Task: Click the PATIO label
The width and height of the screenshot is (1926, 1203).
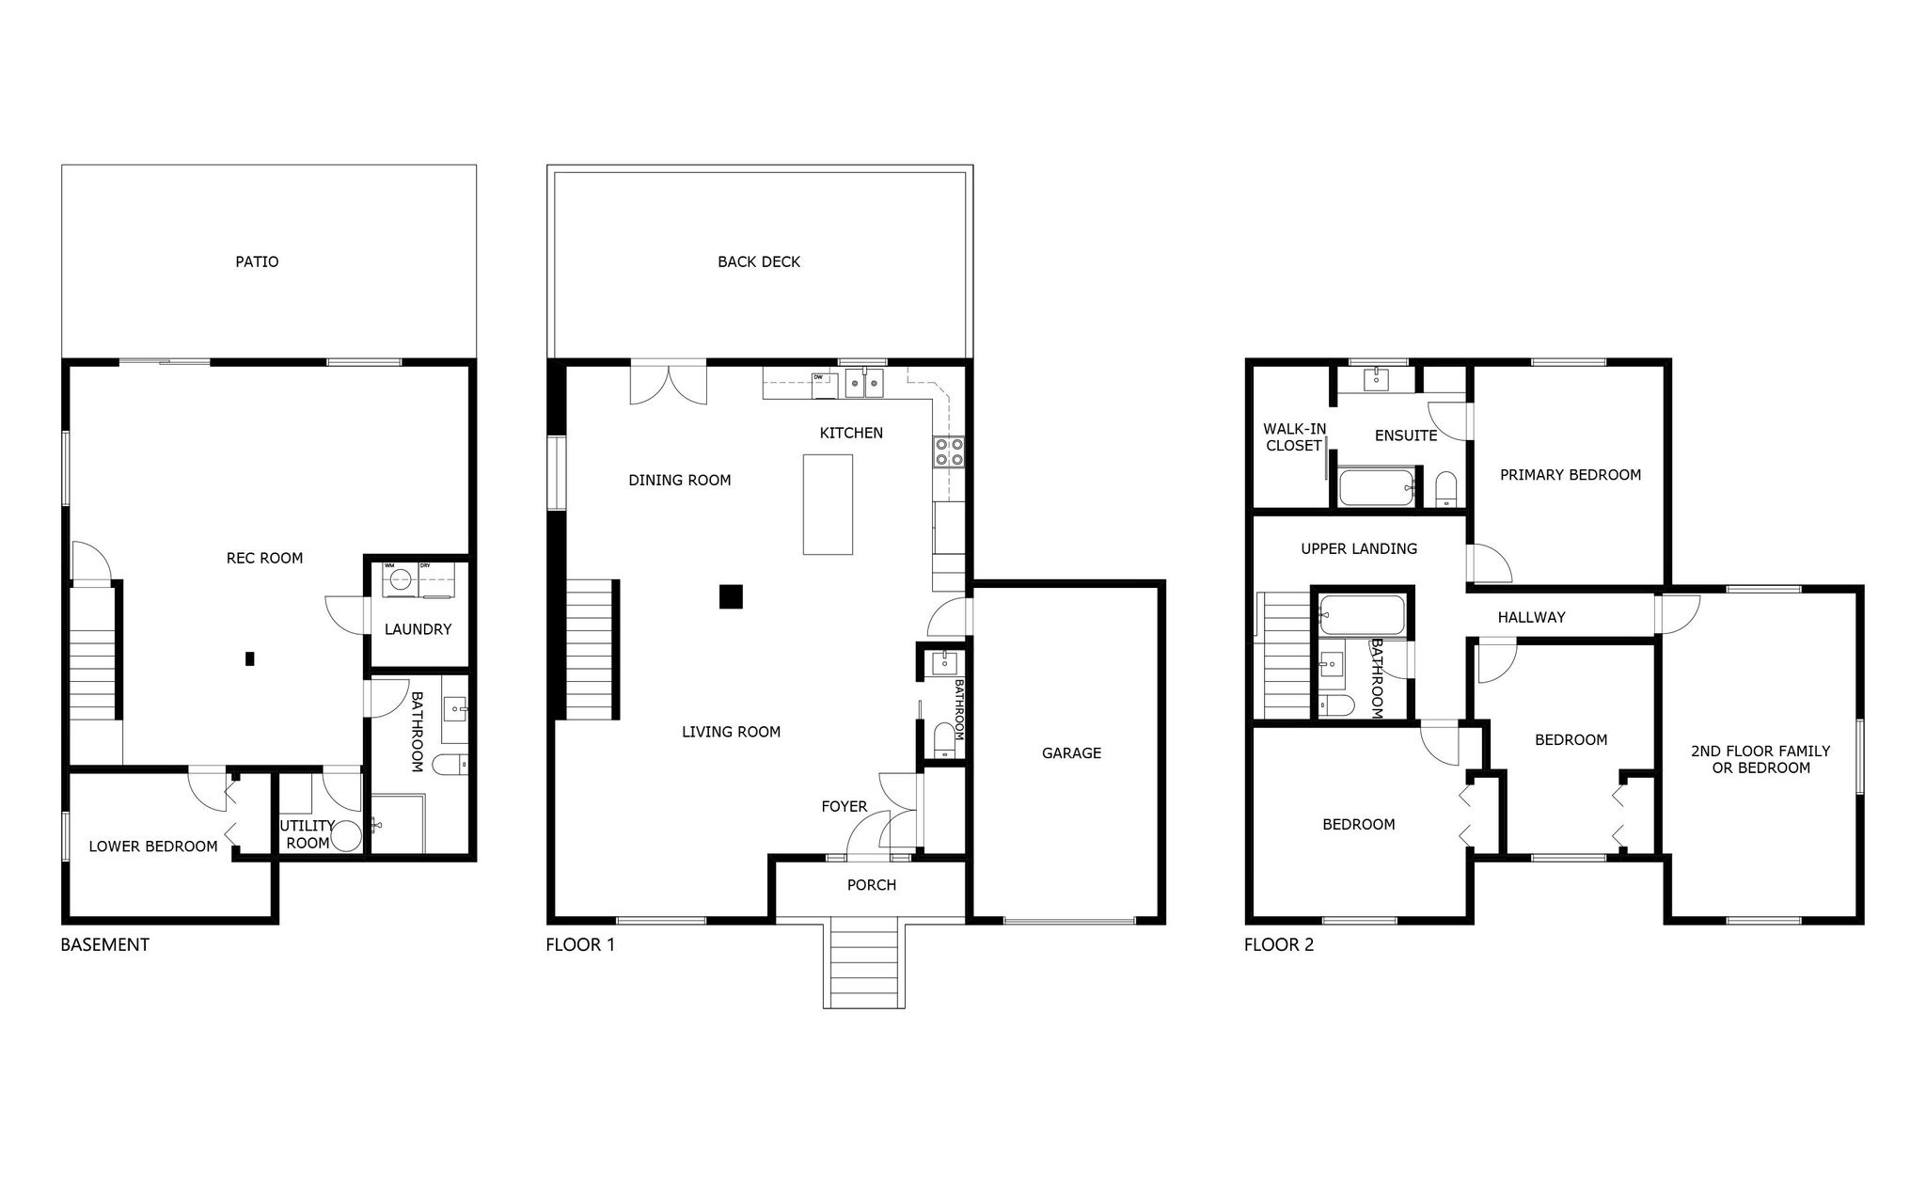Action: [x=257, y=261]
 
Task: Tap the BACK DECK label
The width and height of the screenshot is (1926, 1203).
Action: [x=759, y=261]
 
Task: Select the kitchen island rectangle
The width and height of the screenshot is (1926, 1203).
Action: [x=828, y=504]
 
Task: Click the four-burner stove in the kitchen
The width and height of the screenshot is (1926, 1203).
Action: [x=948, y=452]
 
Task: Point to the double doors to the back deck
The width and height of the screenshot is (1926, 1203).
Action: [x=668, y=384]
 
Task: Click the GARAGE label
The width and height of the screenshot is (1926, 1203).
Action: [x=1071, y=752]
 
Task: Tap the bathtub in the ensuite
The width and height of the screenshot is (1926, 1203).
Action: [x=1377, y=487]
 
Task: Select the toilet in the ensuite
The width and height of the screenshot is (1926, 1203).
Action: [x=1446, y=488]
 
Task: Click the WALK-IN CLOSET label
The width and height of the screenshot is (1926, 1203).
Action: [x=1295, y=437]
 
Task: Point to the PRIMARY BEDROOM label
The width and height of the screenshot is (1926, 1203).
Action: [x=1571, y=475]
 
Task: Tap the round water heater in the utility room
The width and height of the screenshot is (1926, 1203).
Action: [x=347, y=836]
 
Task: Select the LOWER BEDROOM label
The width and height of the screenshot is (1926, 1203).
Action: [x=153, y=847]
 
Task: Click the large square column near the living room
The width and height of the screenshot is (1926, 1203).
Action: [x=732, y=596]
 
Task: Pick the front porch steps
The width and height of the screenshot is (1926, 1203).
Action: [x=864, y=964]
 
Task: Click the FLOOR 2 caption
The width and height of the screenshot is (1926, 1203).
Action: [x=1279, y=944]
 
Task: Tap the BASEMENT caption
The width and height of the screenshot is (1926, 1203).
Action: [x=105, y=944]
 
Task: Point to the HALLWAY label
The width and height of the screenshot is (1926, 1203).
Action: [x=1532, y=617]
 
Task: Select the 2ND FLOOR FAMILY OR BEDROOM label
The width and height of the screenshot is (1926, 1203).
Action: [x=1760, y=759]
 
